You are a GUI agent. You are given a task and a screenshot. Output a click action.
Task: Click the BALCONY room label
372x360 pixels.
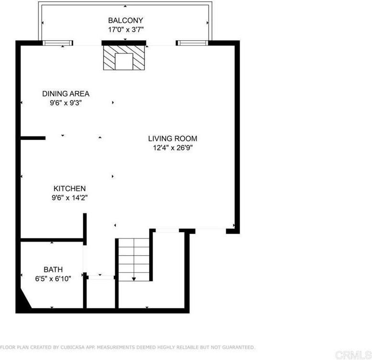click(x=125, y=21)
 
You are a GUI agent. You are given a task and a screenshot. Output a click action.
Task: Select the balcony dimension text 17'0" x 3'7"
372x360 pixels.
click(x=125, y=30)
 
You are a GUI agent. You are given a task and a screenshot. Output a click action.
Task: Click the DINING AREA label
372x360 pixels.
click(x=66, y=94)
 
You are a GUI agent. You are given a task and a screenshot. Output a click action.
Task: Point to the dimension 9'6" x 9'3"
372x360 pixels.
click(x=66, y=102)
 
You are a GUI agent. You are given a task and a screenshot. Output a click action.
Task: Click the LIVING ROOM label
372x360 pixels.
click(x=172, y=139)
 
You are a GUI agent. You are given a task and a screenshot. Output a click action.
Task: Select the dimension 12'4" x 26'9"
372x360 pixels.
click(x=172, y=147)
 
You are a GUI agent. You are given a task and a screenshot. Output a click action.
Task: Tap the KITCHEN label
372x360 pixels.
click(x=69, y=189)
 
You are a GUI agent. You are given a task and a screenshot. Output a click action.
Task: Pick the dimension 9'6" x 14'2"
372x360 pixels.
click(x=69, y=197)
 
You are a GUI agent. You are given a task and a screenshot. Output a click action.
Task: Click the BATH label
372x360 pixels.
click(x=53, y=270)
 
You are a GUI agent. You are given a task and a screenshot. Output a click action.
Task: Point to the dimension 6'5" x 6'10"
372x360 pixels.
click(x=53, y=279)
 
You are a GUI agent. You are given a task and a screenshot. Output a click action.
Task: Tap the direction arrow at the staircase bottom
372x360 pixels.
click(x=134, y=279)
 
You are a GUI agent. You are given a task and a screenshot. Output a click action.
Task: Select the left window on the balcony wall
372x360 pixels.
click(x=58, y=43)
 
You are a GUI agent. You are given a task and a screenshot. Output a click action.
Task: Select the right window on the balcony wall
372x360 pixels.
click(x=192, y=43)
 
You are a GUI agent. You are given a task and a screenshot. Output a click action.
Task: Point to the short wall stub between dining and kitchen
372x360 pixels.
click(x=33, y=138)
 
